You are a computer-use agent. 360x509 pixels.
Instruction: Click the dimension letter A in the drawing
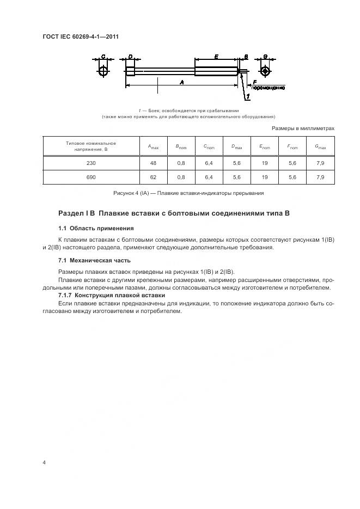(181, 82)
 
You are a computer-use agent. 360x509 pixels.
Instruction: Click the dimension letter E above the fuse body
(216, 57)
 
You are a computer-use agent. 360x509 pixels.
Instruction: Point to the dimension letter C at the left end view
(103, 57)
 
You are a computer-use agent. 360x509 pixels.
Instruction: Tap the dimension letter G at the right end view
(265, 57)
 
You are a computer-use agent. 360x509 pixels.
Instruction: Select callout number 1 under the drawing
(248, 97)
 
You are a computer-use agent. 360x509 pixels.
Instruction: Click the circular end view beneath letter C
(103, 71)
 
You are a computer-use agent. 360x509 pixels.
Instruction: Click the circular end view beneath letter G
(265, 71)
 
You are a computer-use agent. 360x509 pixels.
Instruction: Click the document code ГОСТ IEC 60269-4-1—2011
(81, 37)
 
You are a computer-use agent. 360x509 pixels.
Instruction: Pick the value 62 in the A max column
(153, 177)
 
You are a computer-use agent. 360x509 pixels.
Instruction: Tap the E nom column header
(265, 146)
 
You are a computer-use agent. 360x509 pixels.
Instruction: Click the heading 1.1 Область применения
(95, 228)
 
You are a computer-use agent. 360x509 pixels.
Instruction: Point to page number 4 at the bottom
(44, 463)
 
